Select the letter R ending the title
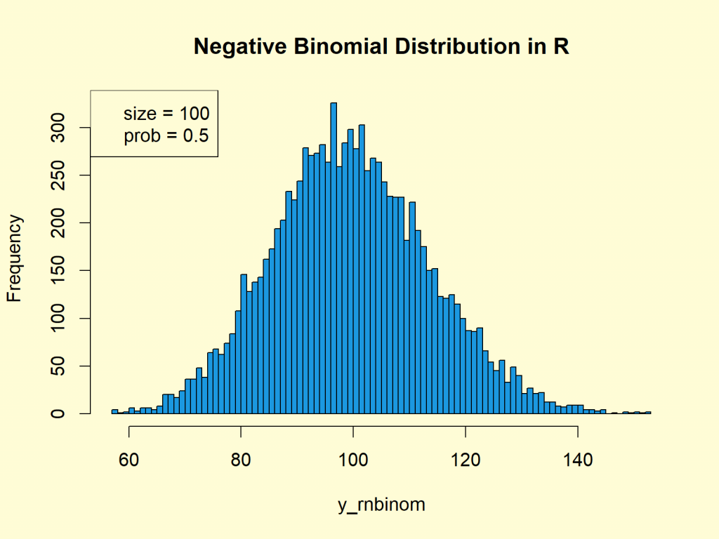[561, 47]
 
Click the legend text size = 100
[166, 114]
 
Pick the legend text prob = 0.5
[166, 135]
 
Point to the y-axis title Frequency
[15, 258]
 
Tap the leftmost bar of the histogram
[114, 411]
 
